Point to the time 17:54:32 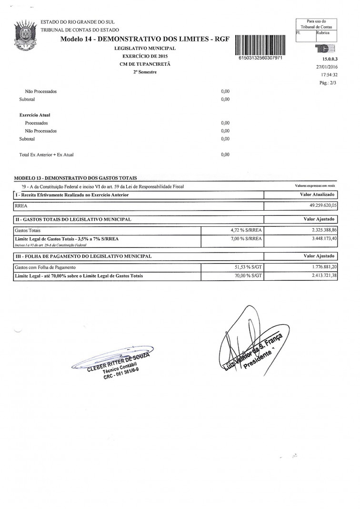[x=329, y=75]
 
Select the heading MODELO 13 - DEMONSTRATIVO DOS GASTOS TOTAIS [x=75, y=178]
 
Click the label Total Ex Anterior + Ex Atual [x=46, y=155]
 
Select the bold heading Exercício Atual [x=35, y=115]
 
